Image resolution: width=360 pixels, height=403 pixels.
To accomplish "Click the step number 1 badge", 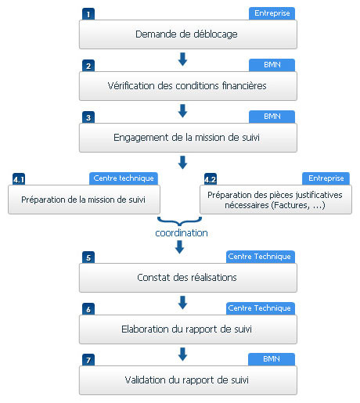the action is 88,14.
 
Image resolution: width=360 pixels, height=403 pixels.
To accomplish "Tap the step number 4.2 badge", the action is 211,179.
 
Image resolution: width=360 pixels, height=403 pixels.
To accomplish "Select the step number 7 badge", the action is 88,360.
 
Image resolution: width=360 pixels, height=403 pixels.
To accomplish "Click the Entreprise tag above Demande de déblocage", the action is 272,13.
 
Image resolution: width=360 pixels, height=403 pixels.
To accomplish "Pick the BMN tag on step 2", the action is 272,65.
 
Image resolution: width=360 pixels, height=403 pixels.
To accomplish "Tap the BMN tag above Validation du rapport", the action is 272,359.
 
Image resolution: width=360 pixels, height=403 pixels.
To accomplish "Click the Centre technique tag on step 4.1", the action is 124,178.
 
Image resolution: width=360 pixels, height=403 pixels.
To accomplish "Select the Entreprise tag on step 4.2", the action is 326,178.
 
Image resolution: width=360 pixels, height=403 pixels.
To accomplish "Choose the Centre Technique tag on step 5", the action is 261,257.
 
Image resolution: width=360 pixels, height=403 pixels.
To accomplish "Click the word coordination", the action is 182,233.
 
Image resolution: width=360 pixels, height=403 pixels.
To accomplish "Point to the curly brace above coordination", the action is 179,222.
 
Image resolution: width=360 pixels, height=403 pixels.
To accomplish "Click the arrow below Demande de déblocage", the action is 182,59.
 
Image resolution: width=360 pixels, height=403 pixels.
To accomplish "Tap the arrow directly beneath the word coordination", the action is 179,246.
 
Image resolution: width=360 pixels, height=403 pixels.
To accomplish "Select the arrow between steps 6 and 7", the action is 182,354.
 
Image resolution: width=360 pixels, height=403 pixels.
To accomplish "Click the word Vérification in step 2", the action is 131,85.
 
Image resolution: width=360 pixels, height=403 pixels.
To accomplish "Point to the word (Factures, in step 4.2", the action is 290,205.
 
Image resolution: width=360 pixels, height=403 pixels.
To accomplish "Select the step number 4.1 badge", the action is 19,179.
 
